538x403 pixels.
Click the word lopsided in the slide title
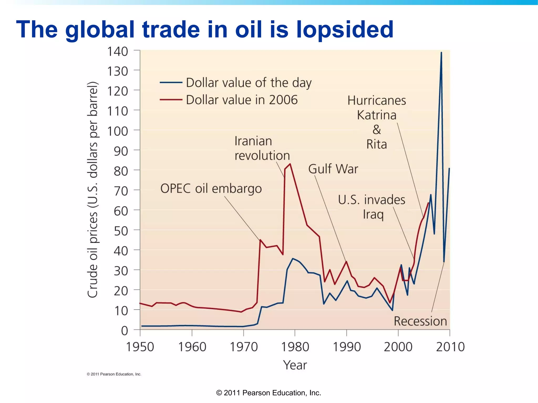tap(345, 30)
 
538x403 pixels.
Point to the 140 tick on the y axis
tap(117, 51)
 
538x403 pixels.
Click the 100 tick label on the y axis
tap(117, 131)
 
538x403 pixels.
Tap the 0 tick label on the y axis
tap(124, 331)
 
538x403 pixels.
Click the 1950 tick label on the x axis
tap(140, 347)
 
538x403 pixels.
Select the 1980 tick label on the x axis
tap(295, 347)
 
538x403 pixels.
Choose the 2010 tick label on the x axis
tap(450, 347)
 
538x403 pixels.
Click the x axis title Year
tap(295, 365)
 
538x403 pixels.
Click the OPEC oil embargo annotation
tap(211, 189)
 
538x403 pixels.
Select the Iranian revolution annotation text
tap(262, 148)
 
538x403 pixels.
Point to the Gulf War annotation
tap(333, 169)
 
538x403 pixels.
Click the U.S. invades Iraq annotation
tap(371, 207)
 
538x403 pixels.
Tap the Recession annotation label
tap(420, 321)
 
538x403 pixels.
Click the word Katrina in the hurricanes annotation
tap(376, 115)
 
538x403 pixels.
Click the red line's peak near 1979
tap(290, 164)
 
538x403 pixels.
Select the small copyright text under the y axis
tap(114, 374)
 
